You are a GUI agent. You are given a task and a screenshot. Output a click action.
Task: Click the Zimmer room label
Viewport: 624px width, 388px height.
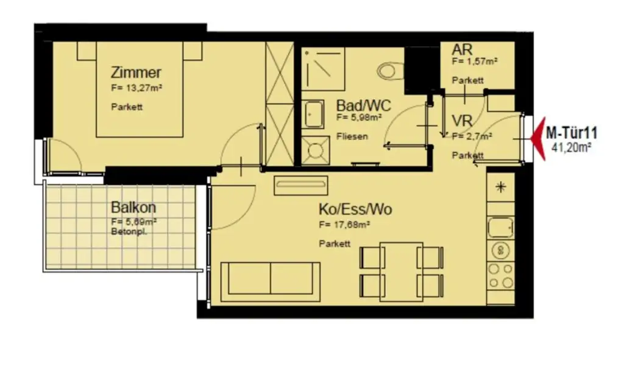pyautogui.click(x=136, y=72)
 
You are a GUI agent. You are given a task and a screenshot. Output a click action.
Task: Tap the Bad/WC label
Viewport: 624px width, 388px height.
pyautogui.click(x=363, y=105)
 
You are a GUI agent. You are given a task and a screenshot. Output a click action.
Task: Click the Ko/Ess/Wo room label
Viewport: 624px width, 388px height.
pyautogui.click(x=355, y=210)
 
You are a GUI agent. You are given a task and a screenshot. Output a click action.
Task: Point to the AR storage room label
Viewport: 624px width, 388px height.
pyautogui.click(x=463, y=51)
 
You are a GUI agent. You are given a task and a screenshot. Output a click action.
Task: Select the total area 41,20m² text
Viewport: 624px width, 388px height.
pyautogui.click(x=572, y=146)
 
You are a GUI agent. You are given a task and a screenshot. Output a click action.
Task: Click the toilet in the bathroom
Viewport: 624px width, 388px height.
pyautogui.click(x=390, y=71)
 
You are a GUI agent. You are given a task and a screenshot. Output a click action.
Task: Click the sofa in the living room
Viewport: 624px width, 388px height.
pyautogui.click(x=270, y=281)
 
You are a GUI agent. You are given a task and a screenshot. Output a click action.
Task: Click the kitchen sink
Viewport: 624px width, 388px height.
pyautogui.click(x=501, y=227)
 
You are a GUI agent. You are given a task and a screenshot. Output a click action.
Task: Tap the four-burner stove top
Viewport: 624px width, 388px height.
pyautogui.click(x=501, y=275)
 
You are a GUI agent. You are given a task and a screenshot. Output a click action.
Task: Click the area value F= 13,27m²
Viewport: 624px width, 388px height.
pyautogui.click(x=136, y=88)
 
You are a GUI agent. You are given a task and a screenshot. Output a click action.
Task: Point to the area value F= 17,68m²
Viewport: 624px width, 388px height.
pyautogui.click(x=345, y=225)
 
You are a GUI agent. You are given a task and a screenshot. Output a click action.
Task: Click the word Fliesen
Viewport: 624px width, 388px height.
pyautogui.click(x=352, y=136)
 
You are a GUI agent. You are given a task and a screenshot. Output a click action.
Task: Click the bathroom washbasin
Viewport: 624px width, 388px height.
pyautogui.click(x=314, y=114)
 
